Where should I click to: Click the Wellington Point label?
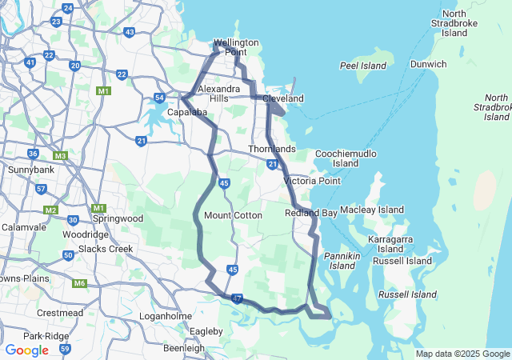[236, 47]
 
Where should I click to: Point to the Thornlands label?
[272, 150]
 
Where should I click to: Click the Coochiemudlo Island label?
[346, 158]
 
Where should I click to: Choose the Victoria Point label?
[312, 181]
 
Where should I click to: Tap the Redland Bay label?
[311, 213]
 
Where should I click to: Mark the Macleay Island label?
[371, 210]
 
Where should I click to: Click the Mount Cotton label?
[234, 215]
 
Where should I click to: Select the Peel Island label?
[363, 65]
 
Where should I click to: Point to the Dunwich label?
[428, 64]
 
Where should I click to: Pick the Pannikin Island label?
[342, 261]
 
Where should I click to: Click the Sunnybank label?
[30, 170]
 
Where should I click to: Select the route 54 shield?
[160, 98]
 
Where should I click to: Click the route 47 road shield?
[237, 298]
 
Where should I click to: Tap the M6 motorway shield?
[79, 283]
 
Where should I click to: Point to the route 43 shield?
[130, 32]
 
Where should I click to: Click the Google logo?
[26, 350]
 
